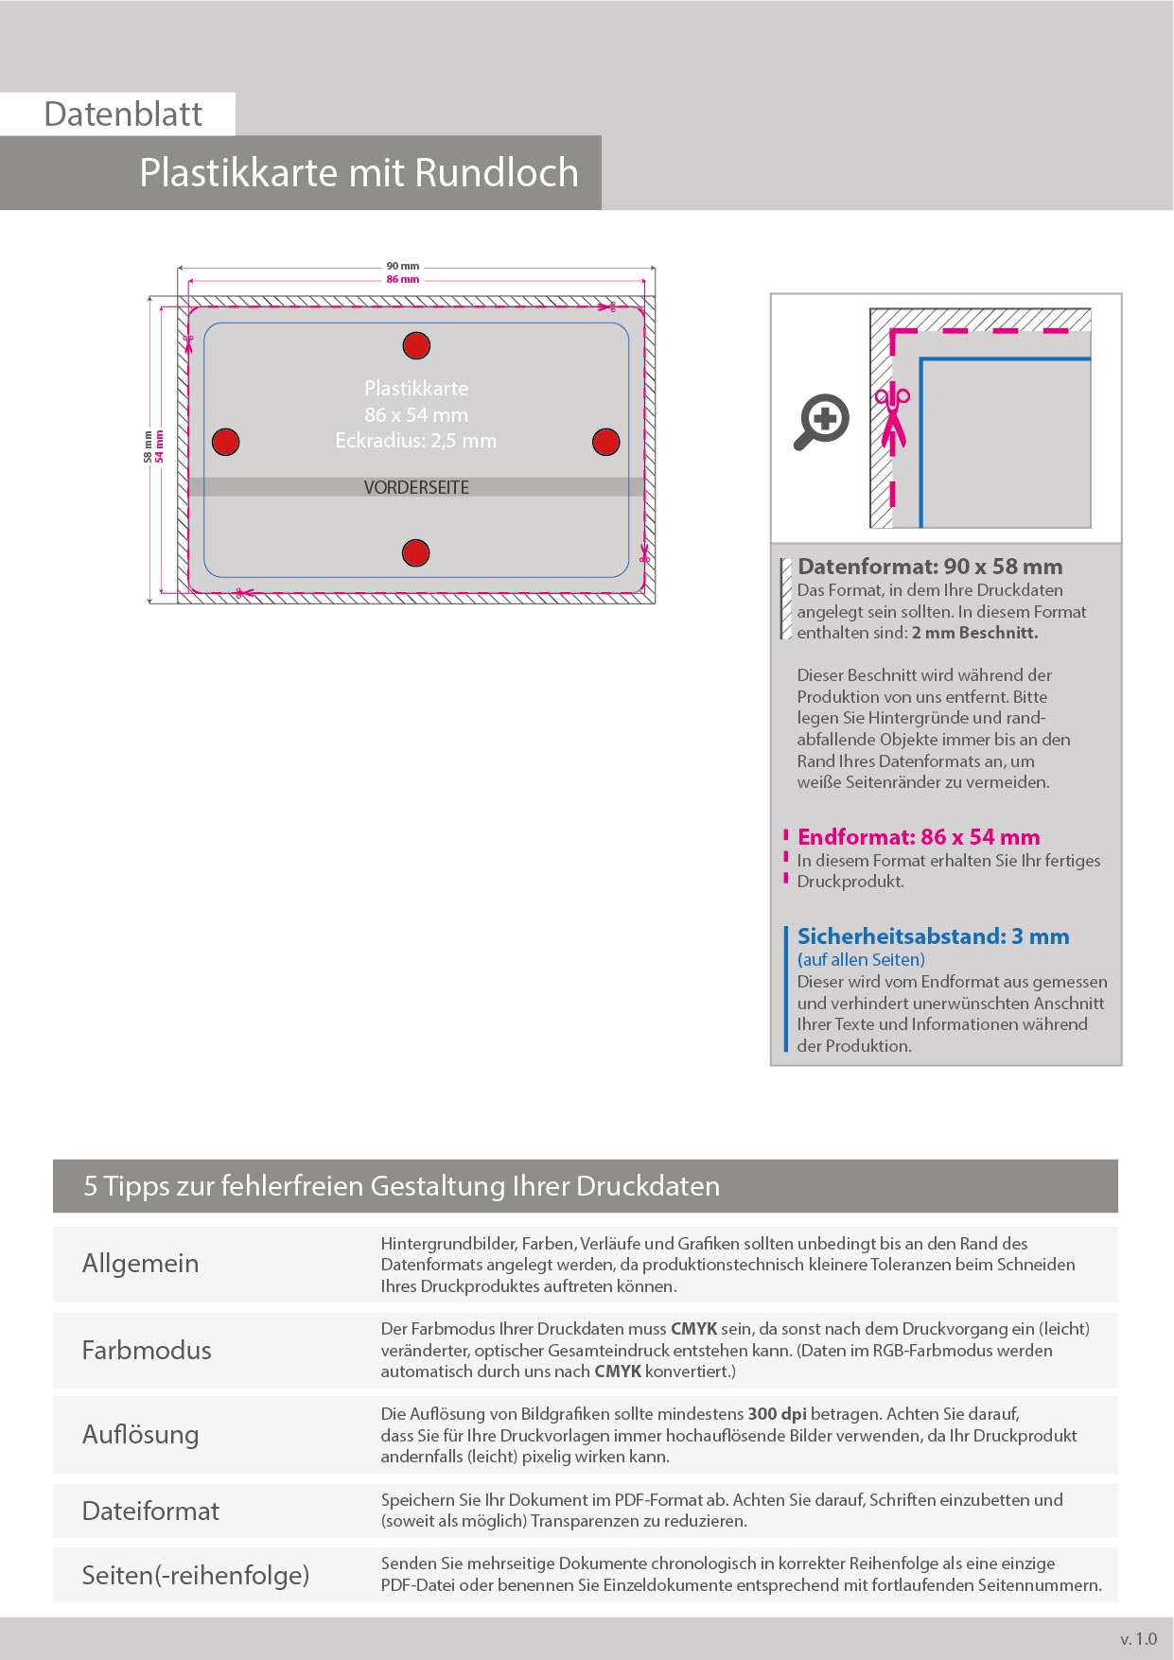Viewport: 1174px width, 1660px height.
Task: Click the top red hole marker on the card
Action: coord(416,346)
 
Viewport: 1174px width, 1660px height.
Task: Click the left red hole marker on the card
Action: coord(225,442)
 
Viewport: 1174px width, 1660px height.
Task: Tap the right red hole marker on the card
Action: coord(605,442)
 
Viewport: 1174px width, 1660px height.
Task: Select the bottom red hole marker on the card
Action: coord(416,553)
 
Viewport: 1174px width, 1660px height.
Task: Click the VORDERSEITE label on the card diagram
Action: coord(416,487)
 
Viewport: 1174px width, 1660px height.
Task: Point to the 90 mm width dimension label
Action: coord(403,266)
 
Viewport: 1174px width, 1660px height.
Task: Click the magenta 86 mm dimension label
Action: coord(403,280)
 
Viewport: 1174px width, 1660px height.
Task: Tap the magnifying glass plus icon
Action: coord(821,421)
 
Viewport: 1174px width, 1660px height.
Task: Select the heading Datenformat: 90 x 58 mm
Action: coord(930,567)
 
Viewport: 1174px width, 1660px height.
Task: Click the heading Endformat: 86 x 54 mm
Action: coord(919,837)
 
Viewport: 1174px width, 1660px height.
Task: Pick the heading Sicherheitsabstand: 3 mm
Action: coord(933,936)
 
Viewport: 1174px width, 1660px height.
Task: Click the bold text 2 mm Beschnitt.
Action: coord(974,633)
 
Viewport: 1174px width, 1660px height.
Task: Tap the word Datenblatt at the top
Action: coord(123,114)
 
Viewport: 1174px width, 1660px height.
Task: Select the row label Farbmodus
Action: coord(147,1350)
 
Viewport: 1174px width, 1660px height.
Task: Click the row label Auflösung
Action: coord(140,1434)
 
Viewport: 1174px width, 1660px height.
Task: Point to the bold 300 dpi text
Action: coord(777,1414)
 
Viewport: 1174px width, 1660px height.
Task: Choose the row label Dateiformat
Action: coord(150,1511)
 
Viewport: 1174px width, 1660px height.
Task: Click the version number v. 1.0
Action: coord(1138,1639)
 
